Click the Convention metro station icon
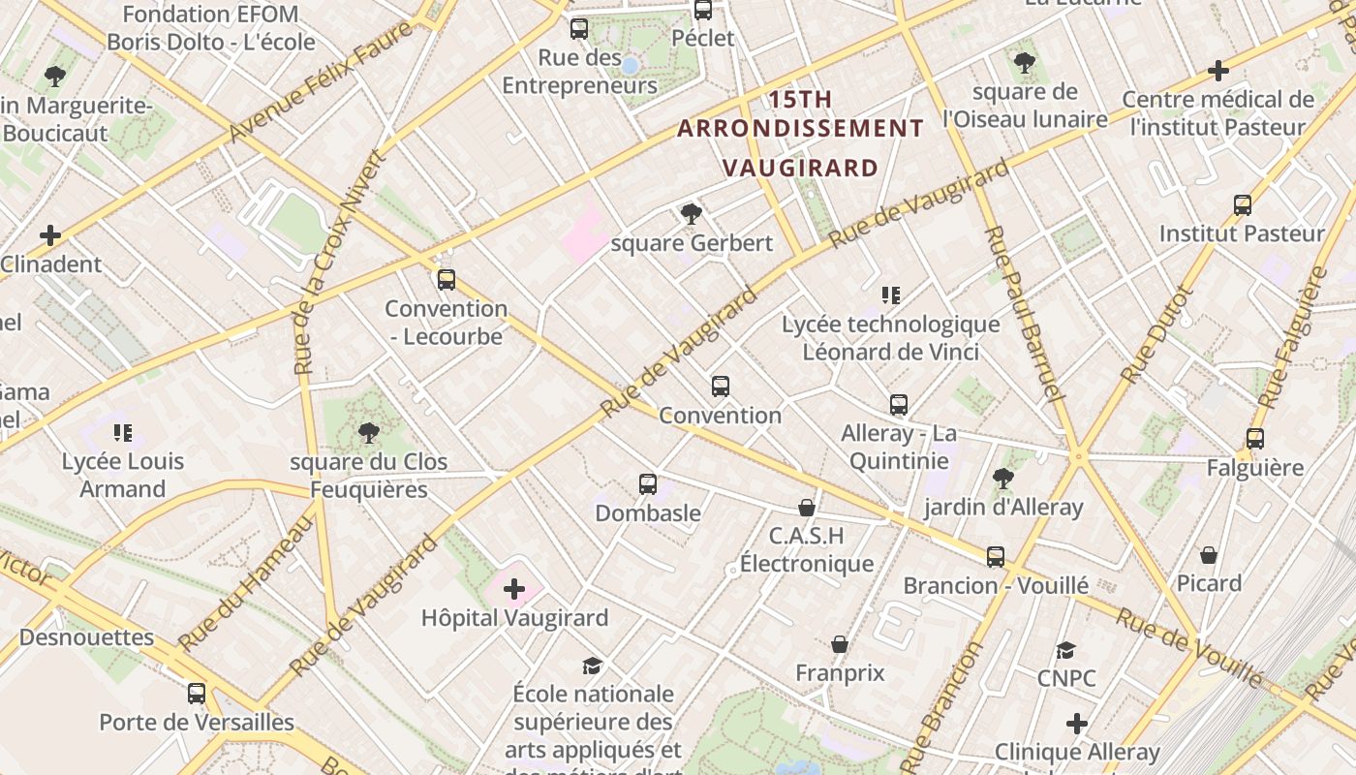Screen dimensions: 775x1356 pyautogui.click(x=720, y=387)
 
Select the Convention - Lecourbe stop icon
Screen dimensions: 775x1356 pyautogui.click(x=446, y=280)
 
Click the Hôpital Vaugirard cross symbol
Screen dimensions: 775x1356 pyautogui.click(x=514, y=588)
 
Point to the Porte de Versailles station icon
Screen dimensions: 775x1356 pyautogui.click(x=197, y=694)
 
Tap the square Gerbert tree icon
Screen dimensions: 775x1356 pyautogui.click(x=691, y=214)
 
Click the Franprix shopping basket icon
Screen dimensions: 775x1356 pyautogui.click(x=840, y=644)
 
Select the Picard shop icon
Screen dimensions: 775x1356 pyautogui.click(x=1209, y=555)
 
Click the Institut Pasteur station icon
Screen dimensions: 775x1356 pyautogui.click(x=1243, y=205)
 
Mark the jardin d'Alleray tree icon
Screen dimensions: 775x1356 pyautogui.click(x=1002, y=478)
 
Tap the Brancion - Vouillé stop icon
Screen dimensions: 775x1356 pyautogui.click(x=996, y=557)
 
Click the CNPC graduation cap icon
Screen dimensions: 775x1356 pyautogui.click(x=1066, y=650)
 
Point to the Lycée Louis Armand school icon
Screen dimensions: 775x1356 pyautogui.click(x=122, y=432)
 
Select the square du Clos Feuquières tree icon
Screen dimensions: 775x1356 pyautogui.click(x=368, y=433)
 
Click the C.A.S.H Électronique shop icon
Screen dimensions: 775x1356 pyautogui.click(x=806, y=508)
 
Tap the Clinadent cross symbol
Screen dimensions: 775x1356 pyautogui.click(x=50, y=235)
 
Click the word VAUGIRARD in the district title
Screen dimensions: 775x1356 pyautogui.click(x=801, y=168)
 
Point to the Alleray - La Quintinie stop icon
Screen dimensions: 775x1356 pyautogui.click(x=899, y=405)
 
